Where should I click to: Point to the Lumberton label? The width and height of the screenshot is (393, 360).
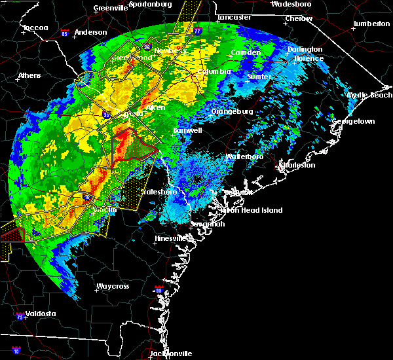(371, 24)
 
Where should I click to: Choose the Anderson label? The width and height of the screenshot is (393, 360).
(90, 32)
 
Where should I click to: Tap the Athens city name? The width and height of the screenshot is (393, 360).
(29, 75)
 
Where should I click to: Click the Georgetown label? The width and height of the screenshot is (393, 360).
(353, 122)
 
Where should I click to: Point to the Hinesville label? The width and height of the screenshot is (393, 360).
(170, 239)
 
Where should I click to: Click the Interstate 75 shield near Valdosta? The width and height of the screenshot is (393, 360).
(18, 317)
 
